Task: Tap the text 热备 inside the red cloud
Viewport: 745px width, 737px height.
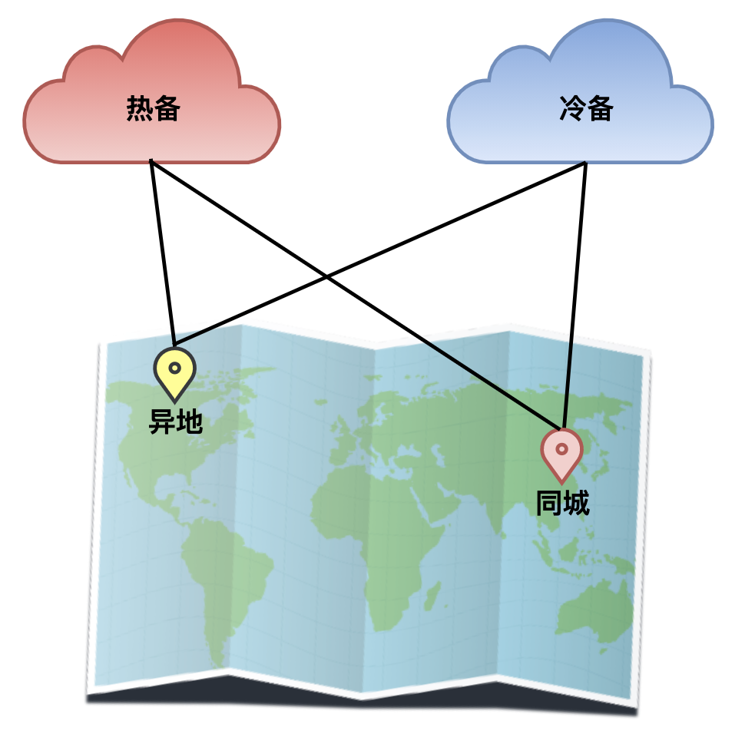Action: (x=153, y=110)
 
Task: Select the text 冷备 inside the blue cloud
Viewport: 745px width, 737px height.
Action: (x=586, y=110)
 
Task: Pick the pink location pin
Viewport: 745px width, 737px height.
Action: (x=561, y=453)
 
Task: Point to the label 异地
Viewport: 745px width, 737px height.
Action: (x=175, y=421)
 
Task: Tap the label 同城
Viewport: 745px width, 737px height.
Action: (x=562, y=504)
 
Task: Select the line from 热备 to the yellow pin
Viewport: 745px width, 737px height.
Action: (x=163, y=253)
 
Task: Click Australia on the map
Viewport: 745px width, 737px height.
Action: (x=591, y=614)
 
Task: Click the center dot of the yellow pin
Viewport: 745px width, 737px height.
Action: (x=174, y=368)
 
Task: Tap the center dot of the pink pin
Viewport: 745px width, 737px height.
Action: (x=561, y=448)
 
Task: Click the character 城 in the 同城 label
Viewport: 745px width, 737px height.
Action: (x=575, y=504)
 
